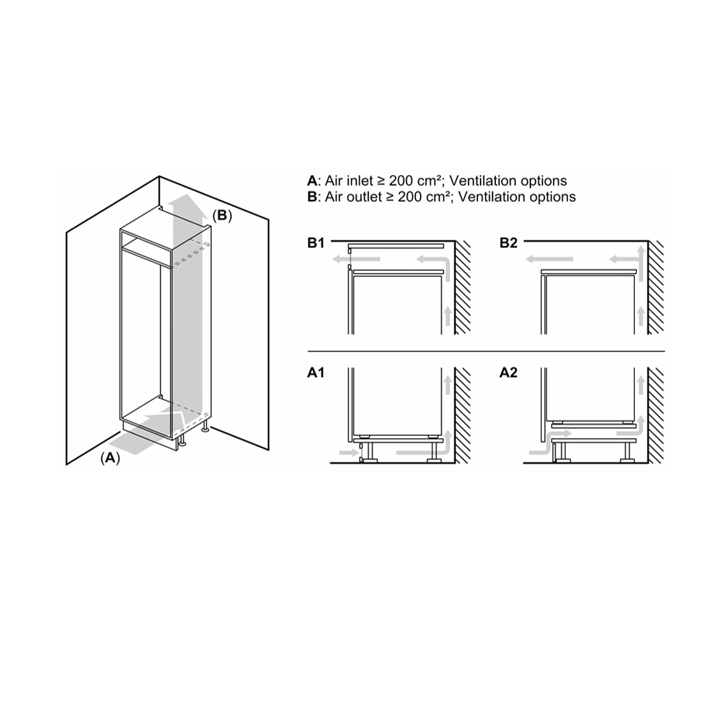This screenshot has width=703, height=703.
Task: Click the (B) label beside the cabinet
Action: pyautogui.click(x=222, y=215)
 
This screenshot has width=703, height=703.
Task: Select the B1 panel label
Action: pyautogui.click(x=316, y=243)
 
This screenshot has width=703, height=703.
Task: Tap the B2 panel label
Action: pyautogui.click(x=509, y=243)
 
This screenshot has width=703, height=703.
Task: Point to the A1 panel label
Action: pyautogui.click(x=316, y=373)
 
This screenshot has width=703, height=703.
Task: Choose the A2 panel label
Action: pyautogui.click(x=509, y=373)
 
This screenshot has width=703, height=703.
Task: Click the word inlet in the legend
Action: pyautogui.click(x=359, y=181)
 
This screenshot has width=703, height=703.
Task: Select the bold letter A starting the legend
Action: pyautogui.click(x=312, y=181)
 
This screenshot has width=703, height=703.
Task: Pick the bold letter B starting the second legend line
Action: pyautogui.click(x=312, y=197)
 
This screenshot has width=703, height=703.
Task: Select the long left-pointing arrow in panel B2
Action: pyautogui.click(x=549, y=259)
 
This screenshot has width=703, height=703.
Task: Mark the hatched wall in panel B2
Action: pyautogui.click(x=656, y=288)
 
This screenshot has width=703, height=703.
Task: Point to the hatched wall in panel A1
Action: pyautogui.click(x=463, y=415)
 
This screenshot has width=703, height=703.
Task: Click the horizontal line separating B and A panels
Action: pyautogui.click(x=486, y=351)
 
